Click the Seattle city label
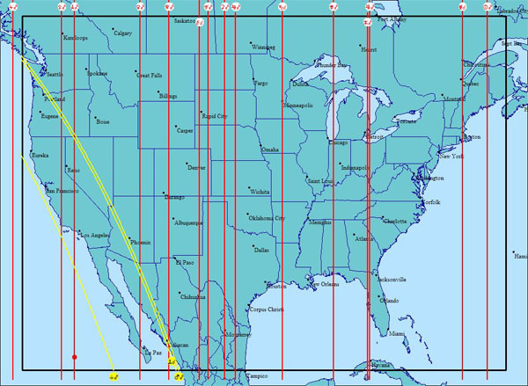pyautogui.click(x=54, y=75)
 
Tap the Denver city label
pyautogui.click(x=197, y=167)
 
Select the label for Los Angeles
pyautogui.click(x=95, y=236)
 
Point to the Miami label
pyautogui.click(x=397, y=334)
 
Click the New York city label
pyautogui.click(x=451, y=156)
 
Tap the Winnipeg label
pyautogui.click(x=263, y=47)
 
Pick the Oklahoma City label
pyautogui.click(x=267, y=218)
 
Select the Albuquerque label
pyautogui.click(x=189, y=223)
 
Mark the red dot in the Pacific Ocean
pyautogui.click(x=75, y=357)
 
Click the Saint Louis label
pyautogui.click(x=320, y=181)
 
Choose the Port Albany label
pyautogui.click(x=392, y=18)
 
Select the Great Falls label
pyautogui.click(x=149, y=76)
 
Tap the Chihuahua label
pyautogui.click(x=192, y=297)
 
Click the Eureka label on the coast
pyautogui.click(x=40, y=156)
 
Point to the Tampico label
pyautogui.click(x=256, y=375)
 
